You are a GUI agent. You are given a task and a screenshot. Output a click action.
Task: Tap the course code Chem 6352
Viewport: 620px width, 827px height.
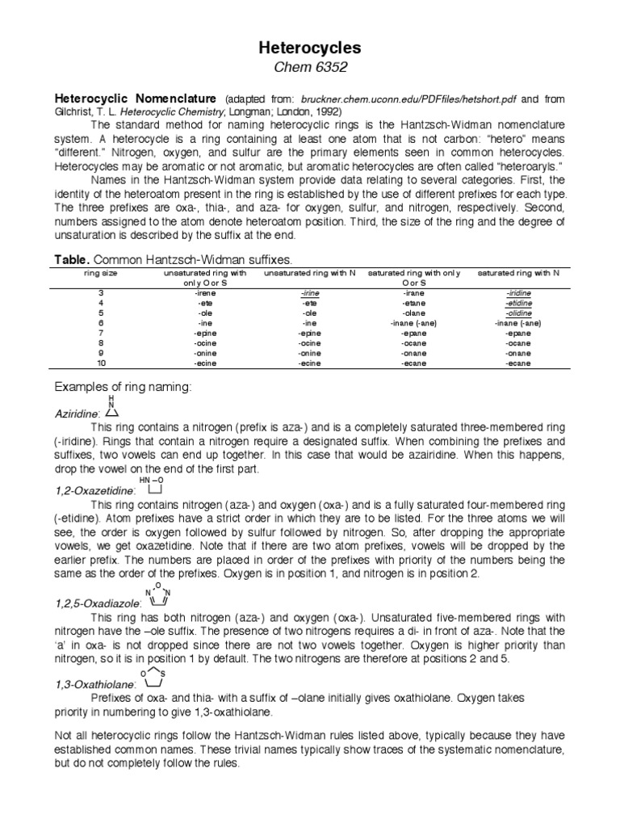point(309,69)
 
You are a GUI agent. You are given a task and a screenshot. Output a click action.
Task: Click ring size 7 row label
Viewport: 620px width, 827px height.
point(101,333)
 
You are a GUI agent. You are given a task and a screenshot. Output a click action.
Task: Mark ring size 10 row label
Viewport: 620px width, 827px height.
point(101,363)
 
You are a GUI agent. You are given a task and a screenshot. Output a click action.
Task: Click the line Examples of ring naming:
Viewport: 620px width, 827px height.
point(123,388)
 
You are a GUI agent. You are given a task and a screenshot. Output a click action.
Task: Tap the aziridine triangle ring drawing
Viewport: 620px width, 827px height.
point(111,411)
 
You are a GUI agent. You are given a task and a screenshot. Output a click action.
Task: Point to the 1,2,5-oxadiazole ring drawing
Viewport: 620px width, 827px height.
point(158,595)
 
